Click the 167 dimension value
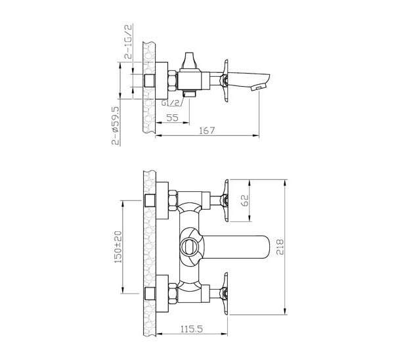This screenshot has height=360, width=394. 207,131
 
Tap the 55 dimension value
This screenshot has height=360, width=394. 172,118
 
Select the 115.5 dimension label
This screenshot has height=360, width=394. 192,329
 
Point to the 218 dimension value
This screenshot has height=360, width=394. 280,247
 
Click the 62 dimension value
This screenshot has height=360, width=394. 244,200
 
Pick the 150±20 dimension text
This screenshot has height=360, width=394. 118,247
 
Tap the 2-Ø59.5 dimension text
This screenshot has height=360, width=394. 116,125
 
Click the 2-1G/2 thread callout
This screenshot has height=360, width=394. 128,41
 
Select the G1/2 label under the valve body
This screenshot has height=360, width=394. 171,103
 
